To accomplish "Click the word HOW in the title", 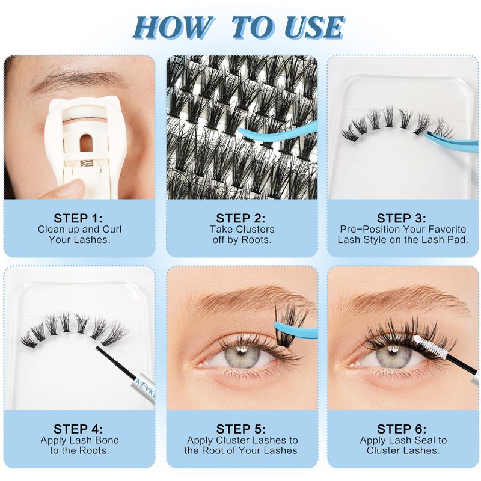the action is (x=173, y=28).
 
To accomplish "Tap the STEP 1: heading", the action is (x=78, y=218).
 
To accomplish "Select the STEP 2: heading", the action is (x=241, y=218).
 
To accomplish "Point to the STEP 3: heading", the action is (x=402, y=218).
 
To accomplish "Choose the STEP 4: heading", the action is (x=78, y=429).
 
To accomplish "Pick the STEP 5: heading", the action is (x=241, y=429).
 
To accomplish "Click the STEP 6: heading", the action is (x=402, y=429).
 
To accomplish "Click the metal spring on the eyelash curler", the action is (x=87, y=162).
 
